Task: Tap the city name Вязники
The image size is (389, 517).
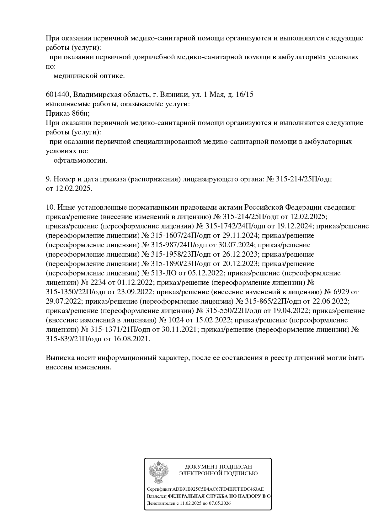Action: pos(173,95)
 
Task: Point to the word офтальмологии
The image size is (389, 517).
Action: pos(80,161)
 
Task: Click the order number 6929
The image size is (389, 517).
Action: pos(341,292)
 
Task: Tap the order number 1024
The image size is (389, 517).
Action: pos(176,320)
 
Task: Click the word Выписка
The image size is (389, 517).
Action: pos(60,358)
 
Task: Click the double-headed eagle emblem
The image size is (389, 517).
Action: pos(158,472)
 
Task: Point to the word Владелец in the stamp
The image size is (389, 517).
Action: pos(157,496)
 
